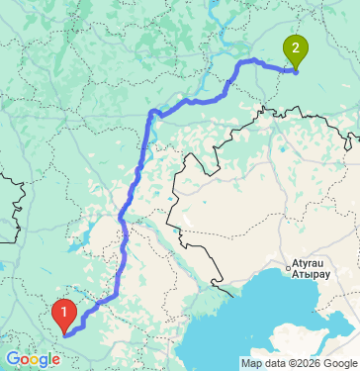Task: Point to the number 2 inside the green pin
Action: (x=295, y=45)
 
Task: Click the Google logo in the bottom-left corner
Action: (x=33, y=359)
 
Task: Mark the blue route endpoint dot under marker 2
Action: (x=295, y=69)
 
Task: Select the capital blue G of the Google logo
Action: (x=11, y=358)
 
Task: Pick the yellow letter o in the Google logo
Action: (x=33, y=360)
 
